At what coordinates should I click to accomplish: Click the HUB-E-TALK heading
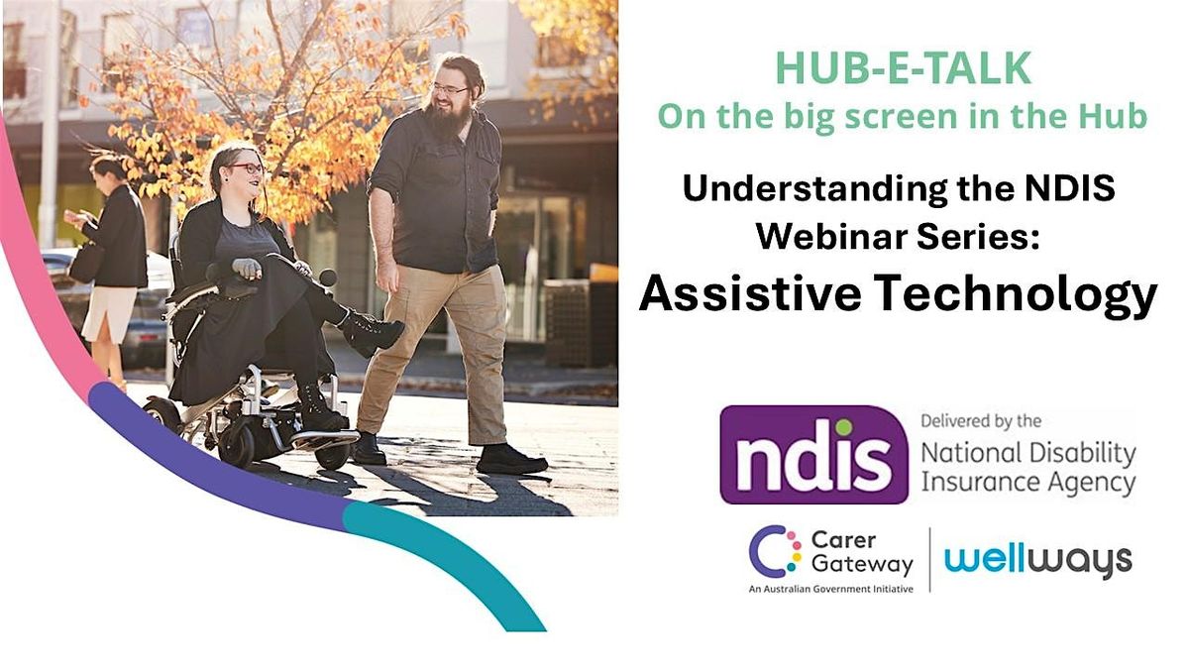click(x=903, y=68)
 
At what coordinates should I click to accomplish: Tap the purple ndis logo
click(x=813, y=455)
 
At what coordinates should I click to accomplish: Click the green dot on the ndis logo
click(x=843, y=427)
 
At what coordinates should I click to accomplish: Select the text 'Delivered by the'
click(x=981, y=421)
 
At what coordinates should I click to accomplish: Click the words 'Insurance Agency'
click(x=1028, y=484)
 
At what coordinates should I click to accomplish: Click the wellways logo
click(x=1038, y=562)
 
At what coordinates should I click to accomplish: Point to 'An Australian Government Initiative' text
click(x=831, y=589)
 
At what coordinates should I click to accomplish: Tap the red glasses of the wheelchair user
click(x=247, y=168)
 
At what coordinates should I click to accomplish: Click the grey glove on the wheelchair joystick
click(x=247, y=269)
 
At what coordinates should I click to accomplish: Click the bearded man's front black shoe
click(x=511, y=460)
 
